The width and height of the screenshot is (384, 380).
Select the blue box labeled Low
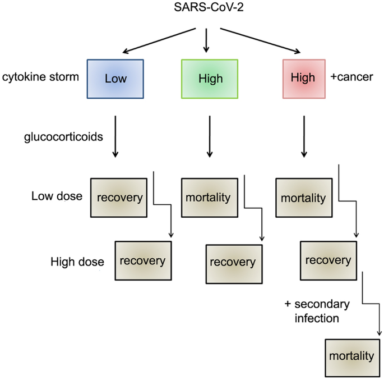(115, 78)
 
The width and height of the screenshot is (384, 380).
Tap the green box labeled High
(210, 78)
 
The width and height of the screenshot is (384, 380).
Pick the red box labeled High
(303, 77)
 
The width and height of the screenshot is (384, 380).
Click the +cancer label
(351, 77)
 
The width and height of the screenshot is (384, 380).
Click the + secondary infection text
(317, 311)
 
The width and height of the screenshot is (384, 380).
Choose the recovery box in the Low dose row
(119, 198)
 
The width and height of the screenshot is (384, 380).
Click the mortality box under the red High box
(303, 198)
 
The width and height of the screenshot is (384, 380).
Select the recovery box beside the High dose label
(142, 260)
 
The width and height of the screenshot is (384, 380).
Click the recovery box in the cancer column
(328, 260)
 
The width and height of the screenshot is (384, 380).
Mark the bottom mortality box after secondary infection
(351, 356)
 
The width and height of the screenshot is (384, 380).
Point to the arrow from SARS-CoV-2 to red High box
(260, 40)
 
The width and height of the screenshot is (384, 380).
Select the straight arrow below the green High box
(210, 136)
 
